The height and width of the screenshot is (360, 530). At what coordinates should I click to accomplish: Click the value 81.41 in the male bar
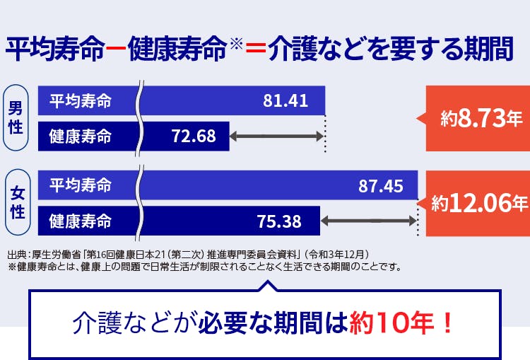(285, 100)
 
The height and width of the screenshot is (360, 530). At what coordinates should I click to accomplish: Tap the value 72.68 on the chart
(194, 136)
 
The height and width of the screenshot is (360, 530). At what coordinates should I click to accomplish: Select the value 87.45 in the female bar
(381, 186)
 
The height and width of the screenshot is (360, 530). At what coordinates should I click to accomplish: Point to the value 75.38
(279, 221)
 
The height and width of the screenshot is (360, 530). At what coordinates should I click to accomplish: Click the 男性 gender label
(16, 117)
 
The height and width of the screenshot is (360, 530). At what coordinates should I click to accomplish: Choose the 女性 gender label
(16, 202)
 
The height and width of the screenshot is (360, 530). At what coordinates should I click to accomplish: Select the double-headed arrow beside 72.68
(276, 136)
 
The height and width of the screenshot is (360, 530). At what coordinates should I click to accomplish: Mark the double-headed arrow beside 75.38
(368, 221)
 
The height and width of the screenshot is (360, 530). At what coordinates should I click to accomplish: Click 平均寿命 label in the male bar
(80, 100)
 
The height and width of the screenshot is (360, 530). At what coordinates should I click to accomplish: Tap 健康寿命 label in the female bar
(80, 221)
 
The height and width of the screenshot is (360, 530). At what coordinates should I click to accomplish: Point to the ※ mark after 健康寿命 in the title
(236, 45)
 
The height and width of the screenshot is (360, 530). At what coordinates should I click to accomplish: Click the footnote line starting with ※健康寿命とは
(205, 267)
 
